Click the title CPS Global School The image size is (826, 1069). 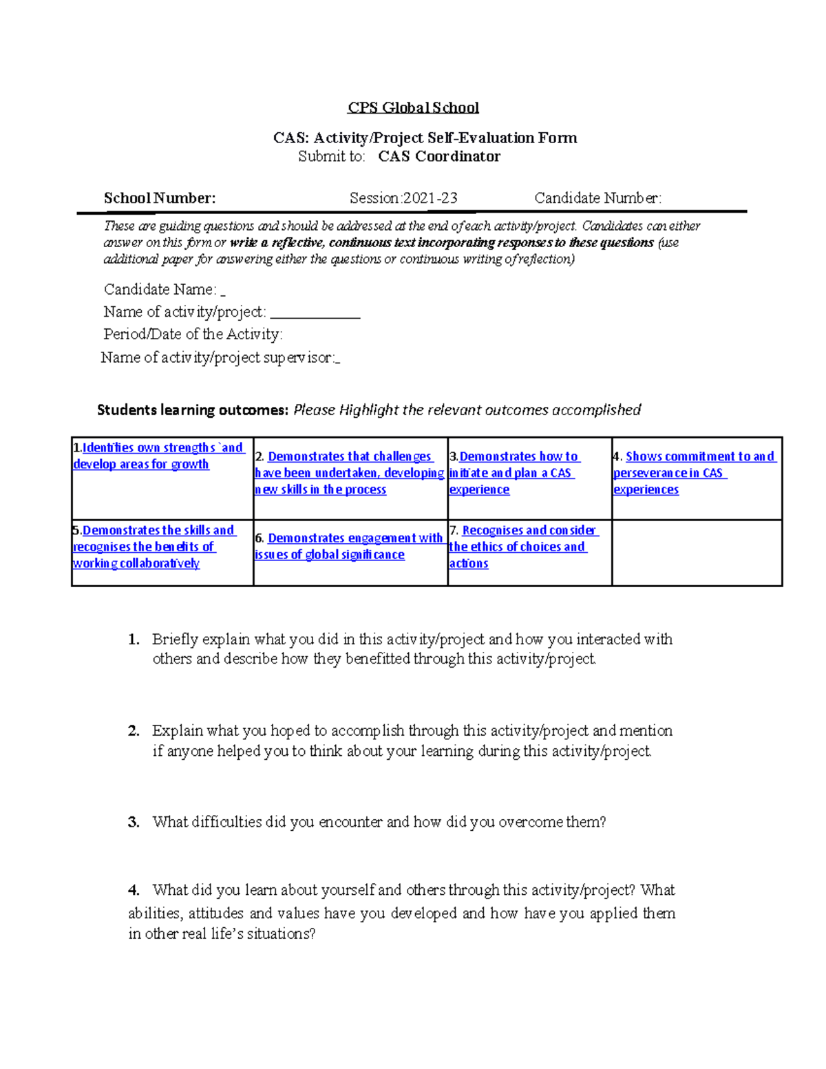coord(413,107)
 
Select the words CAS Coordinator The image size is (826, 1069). coord(438,156)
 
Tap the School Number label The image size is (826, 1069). coord(160,198)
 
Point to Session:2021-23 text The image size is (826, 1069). coord(403,198)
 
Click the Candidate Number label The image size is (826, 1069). coord(597,198)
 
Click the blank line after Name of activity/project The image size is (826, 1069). coord(315,314)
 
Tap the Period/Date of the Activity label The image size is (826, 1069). coord(193,335)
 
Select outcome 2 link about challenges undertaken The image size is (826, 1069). coord(350,473)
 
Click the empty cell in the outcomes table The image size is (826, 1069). coord(697,553)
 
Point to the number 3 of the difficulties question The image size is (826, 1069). coord(134,822)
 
